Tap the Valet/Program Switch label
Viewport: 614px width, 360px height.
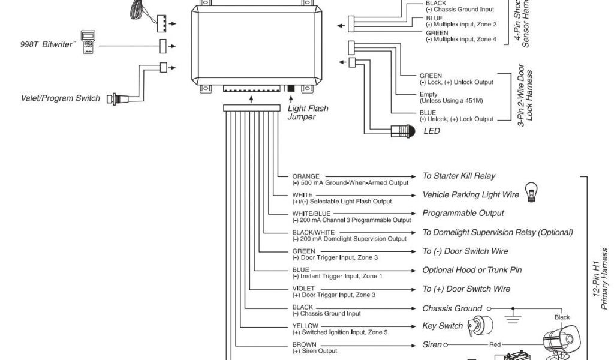(61, 98)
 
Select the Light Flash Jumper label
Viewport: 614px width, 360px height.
(308, 113)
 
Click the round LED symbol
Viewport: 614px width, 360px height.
(401, 131)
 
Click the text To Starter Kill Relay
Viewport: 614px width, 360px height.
(459, 176)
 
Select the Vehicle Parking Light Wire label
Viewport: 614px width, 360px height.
(471, 195)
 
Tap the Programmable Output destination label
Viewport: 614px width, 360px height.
(463, 214)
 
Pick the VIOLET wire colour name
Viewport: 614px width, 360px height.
(303, 289)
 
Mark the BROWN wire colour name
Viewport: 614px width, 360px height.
(304, 344)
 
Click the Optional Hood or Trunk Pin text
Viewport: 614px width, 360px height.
(472, 270)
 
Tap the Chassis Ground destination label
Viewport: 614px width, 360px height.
(452, 308)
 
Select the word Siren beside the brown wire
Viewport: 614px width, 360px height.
(432, 345)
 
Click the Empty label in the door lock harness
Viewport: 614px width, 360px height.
(428, 95)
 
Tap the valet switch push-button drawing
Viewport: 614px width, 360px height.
(113, 98)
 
